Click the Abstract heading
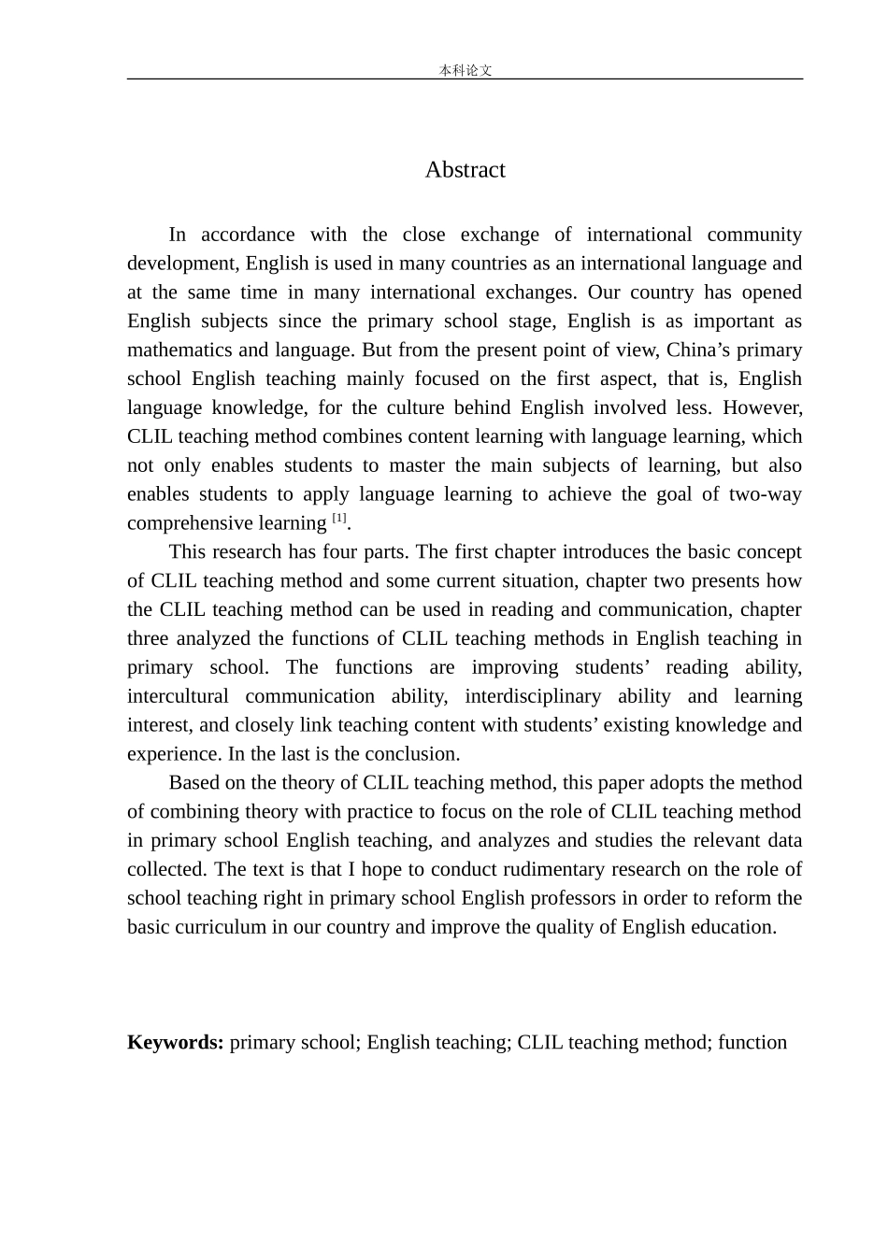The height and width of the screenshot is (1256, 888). point(465,169)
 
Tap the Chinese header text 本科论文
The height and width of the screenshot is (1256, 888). point(465,70)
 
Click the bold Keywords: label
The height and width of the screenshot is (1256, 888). point(175,1042)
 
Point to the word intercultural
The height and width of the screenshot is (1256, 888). point(178,696)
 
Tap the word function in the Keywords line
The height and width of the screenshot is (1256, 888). point(752,1042)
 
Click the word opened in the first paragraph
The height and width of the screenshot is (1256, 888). point(771,292)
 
